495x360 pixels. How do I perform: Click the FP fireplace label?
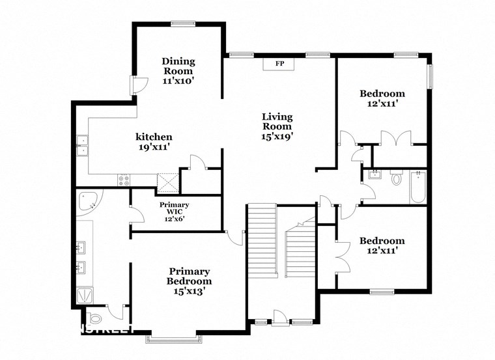[279, 64]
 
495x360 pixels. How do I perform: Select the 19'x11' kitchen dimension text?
[154, 148]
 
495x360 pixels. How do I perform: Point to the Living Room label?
[277, 122]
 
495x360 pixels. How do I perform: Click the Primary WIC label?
[174, 208]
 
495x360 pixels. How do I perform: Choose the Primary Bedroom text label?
[189, 276]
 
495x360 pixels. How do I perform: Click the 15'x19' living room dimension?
[277, 137]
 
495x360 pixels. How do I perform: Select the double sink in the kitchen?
[83, 146]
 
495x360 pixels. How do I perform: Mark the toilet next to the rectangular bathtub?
[397, 178]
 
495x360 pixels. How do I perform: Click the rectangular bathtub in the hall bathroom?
[417, 186]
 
